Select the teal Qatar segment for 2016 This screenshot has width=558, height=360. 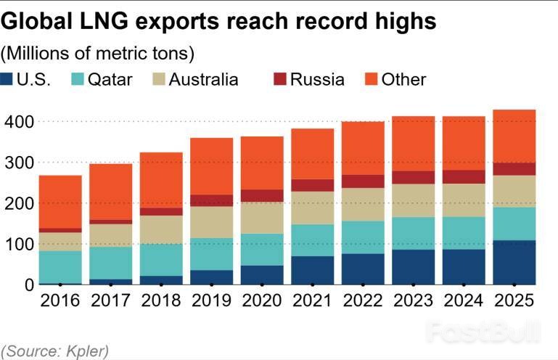60,267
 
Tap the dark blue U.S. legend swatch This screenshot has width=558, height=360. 9,79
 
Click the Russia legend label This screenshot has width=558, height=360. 317,79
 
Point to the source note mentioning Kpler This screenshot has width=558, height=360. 55,351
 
